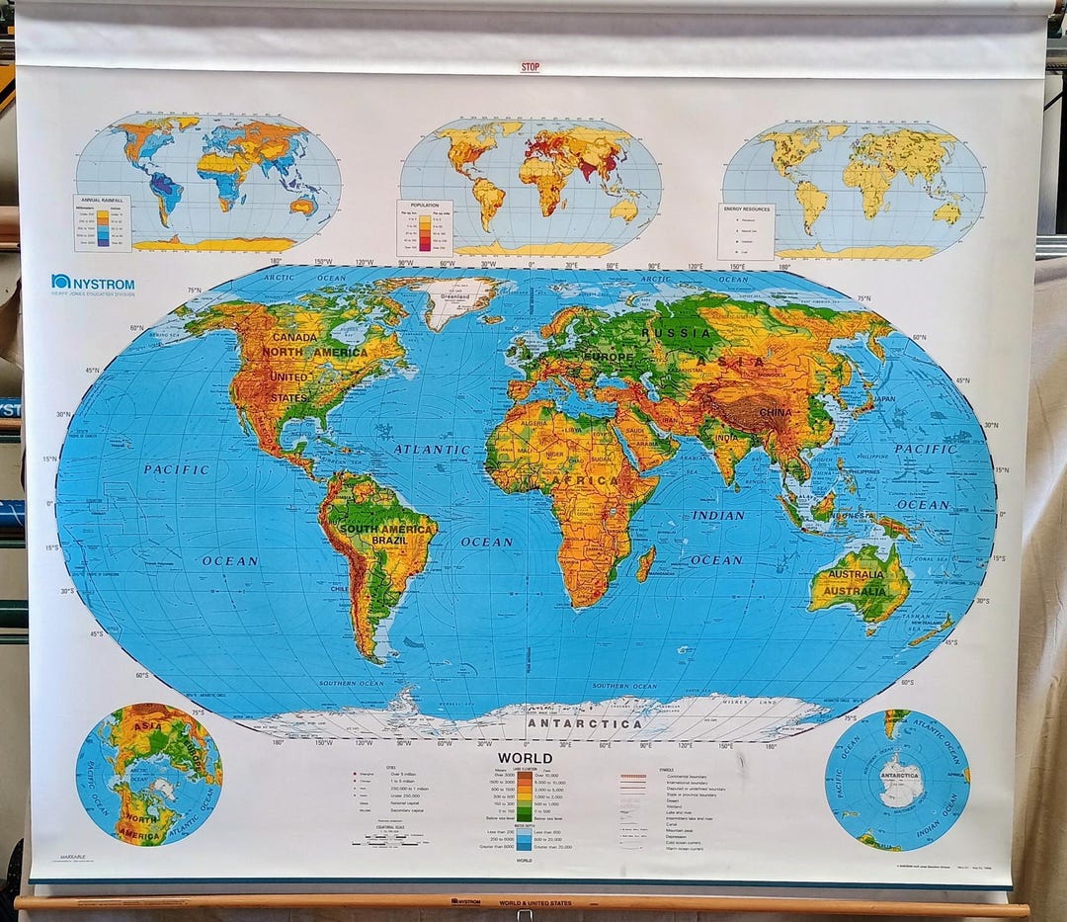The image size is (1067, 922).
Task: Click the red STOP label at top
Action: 532,68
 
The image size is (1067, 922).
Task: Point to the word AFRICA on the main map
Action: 585,481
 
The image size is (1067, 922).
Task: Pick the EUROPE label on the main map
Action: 608,356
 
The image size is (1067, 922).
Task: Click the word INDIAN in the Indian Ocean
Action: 718,515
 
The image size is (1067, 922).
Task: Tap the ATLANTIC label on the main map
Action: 432,449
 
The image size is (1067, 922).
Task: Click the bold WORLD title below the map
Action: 526,759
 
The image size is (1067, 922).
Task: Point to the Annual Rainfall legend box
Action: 102,222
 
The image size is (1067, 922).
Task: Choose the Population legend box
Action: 425,228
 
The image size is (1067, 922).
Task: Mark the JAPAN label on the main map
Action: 884,399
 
